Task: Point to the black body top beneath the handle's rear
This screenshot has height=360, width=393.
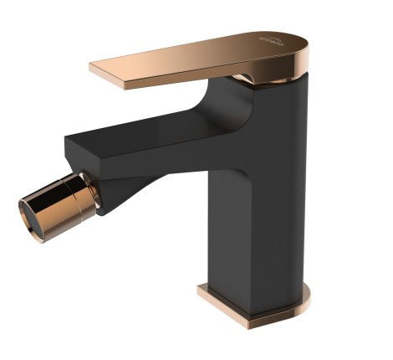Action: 288,84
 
